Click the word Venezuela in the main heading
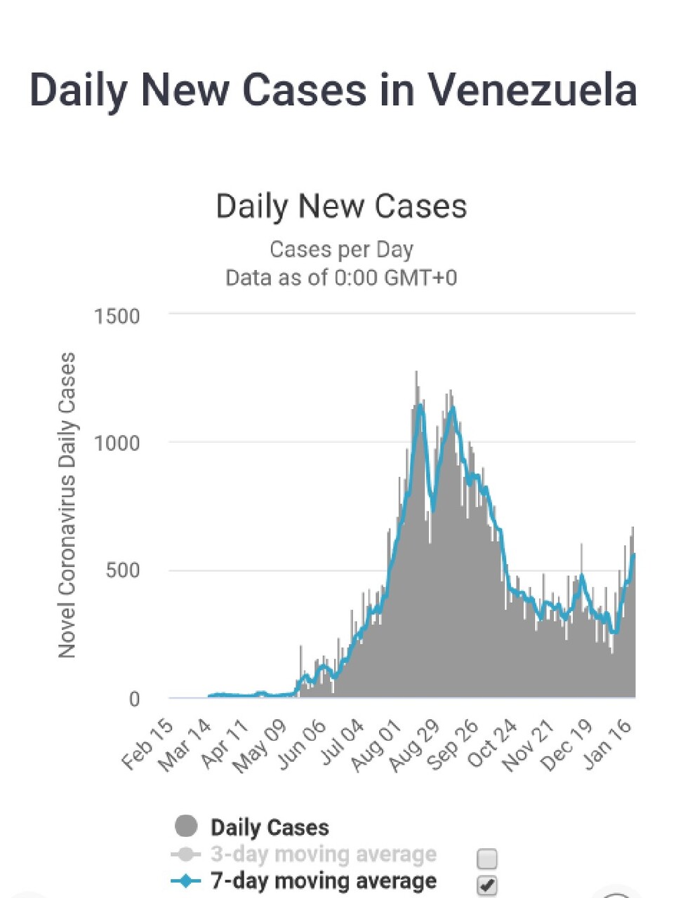click(532, 91)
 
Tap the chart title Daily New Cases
click(341, 206)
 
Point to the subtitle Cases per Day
click(341, 250)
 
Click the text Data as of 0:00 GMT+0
click(341, 278)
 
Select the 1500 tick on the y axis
click(117, 316)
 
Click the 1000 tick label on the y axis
click(117, 443)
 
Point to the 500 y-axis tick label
click(123, 570)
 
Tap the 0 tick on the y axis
click(134, 699)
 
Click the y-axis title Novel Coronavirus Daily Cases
click(67, 505)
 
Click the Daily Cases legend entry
click(270, 827)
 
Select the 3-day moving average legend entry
click(323, 855)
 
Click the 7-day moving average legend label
click(323, 881)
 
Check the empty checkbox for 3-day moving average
click(486, 858)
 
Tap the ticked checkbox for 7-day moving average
click(486, 885)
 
